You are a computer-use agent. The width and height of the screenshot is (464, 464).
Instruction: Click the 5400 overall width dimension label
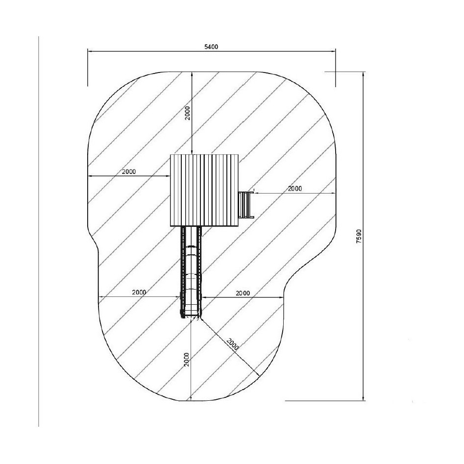[x=211, y=47]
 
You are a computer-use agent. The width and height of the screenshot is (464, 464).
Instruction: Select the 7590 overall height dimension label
[x=359, y=236]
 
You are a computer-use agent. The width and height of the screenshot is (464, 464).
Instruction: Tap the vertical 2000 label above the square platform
[x=188, y=113]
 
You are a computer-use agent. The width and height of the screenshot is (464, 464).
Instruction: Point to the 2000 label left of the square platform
[x=129, y=171]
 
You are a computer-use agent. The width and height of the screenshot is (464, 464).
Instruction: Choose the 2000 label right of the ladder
[x=295, y=189]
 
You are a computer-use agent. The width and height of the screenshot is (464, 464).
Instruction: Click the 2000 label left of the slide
[x=139, y=293]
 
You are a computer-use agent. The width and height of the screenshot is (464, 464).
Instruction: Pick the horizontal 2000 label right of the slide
[x=243, y=293]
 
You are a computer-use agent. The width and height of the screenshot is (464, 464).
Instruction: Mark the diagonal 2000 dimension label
[x=233, y=344]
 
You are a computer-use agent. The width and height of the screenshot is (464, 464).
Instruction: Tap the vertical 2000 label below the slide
[x=186, y=360]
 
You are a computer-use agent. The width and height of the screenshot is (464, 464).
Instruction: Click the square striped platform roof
[x=204, y=190]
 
